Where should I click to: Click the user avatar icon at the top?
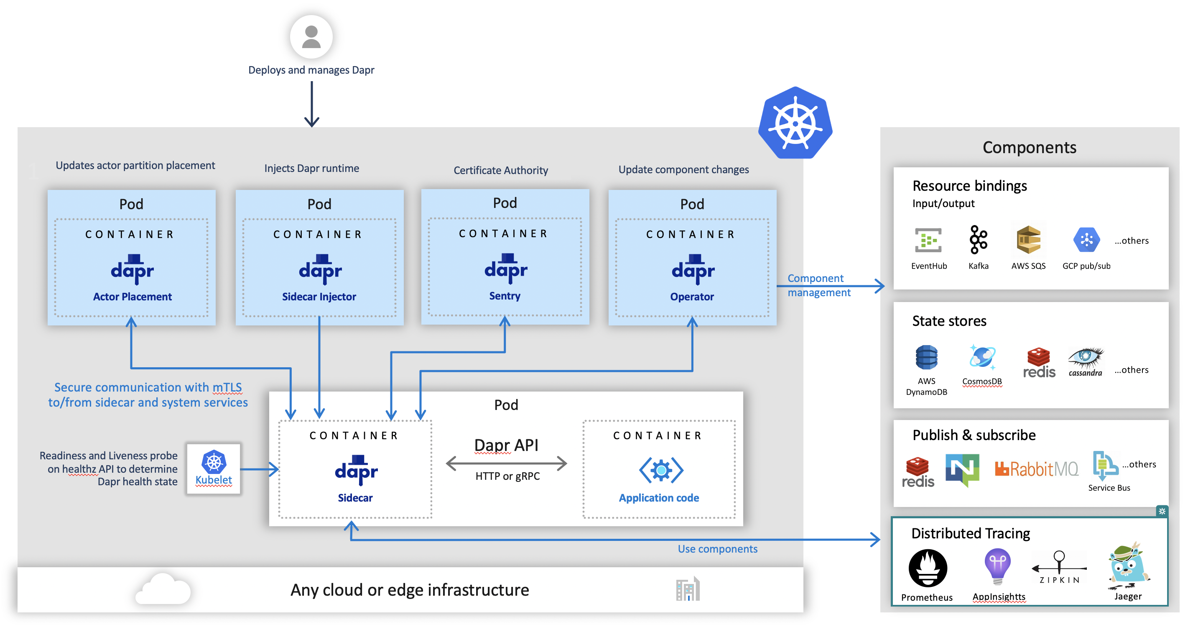tap(311, 37)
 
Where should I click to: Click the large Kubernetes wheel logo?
tap(795, 123)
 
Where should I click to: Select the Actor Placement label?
tap(132, 297)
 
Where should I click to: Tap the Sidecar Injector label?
tap(319, 297)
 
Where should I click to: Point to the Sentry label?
tap(505, 296)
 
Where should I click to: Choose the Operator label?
tap(691, 297)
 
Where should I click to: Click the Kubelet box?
tap(214, 469)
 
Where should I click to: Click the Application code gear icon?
tap(661, 470)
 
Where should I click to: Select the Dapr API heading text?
tap(506, 445)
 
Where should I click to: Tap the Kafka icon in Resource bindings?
tap(978, 240)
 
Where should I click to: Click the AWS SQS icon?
tap(1028, 240)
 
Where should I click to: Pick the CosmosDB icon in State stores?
tap(982, 357)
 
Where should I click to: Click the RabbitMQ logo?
tap(1036, 469)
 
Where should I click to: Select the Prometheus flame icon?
tap(927, 568)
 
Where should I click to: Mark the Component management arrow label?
tap(818, 285)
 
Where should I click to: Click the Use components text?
tap(717, 549)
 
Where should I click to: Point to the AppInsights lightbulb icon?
tap(997, 566)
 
